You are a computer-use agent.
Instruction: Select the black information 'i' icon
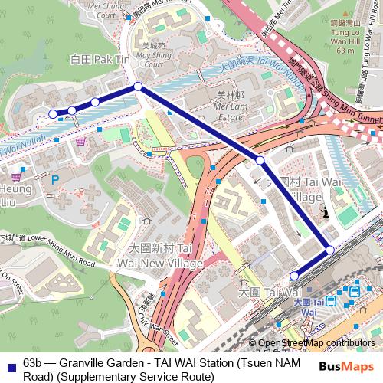326,212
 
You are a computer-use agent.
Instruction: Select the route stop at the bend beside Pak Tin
138,87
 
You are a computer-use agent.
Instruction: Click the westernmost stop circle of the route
53,114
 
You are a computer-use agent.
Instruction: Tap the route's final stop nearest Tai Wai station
294,276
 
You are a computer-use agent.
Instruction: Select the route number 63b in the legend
33,362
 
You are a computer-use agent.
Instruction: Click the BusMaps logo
346,366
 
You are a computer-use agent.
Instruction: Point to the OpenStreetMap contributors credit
318,342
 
